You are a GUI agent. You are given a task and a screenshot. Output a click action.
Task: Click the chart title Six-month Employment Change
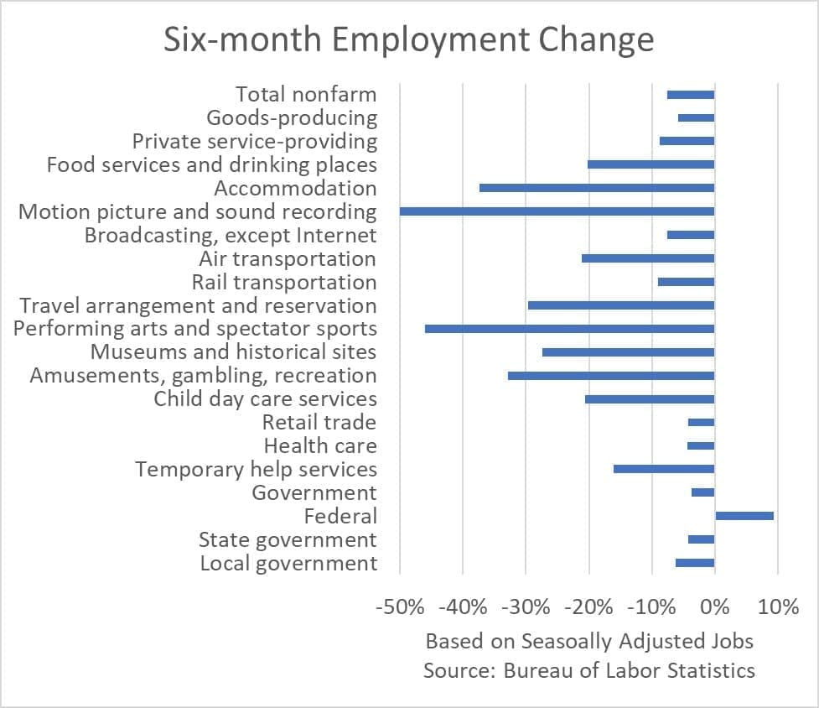point(409,40)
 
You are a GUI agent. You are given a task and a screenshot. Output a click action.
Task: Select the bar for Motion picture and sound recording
point(557,211)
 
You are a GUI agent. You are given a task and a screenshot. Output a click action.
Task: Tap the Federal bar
point(744,516)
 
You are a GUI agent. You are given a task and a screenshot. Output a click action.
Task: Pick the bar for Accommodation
point(597,188)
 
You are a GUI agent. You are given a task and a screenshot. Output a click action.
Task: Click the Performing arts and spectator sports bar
point(570,329)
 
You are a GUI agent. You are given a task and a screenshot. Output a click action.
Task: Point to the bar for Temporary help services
point(664,469)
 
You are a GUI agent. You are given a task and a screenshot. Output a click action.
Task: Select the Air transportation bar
point(648,258)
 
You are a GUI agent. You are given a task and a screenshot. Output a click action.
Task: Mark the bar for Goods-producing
point(696,118)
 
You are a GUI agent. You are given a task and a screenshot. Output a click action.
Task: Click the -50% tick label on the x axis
point(400,606)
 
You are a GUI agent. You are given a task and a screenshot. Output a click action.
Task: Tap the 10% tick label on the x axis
point(778,606)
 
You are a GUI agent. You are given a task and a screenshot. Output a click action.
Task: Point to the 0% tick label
point(715,606)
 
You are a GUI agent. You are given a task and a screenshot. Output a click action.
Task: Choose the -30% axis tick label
point(526,606)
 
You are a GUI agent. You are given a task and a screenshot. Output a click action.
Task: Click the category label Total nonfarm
point(306,94)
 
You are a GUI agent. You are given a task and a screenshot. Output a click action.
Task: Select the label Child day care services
point(265,398)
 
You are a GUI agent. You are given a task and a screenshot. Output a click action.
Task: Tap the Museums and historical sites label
point(233,351)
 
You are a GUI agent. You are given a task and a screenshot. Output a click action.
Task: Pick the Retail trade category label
point(319,422)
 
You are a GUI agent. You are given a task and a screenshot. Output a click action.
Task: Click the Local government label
point(288,563)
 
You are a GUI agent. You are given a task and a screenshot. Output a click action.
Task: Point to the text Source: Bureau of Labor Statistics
point(589,670)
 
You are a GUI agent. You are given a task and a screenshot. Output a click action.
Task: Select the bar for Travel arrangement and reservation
point(621,305)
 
